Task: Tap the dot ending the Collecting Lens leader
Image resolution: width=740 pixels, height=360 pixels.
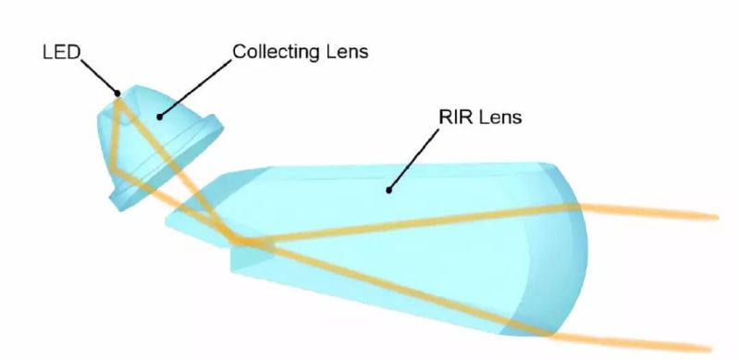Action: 159,116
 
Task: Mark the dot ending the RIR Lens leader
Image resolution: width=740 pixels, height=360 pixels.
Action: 389,191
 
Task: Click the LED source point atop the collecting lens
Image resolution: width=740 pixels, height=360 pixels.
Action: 117,93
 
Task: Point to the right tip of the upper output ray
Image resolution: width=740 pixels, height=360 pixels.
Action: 717,217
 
